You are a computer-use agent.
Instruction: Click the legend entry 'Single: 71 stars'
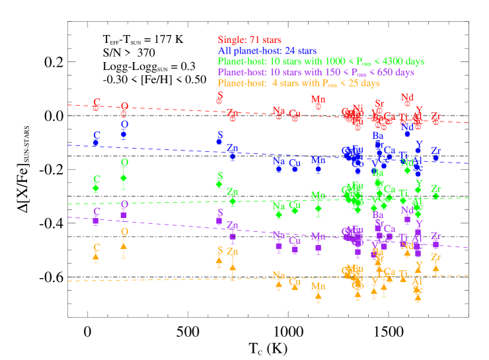click(249, 40)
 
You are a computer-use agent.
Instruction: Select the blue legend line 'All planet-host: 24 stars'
click(267, 50)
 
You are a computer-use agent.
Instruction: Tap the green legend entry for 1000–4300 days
click(320, 61)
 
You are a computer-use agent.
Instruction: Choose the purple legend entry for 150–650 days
click(315, 72)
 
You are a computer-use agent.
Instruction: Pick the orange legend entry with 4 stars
click(299, 83)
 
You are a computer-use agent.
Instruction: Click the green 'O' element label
click(124, 162)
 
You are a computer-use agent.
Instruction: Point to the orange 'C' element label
click(96, 248)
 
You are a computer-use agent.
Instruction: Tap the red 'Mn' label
click(318, 99)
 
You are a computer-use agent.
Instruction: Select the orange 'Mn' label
click(318, 286)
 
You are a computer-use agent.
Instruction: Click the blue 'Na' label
click(279, 161)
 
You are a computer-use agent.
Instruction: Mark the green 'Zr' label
click(435, 189)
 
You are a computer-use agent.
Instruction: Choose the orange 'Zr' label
click(435, 257)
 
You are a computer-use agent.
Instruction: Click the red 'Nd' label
click(407, 97)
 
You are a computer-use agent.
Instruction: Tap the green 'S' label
click(220, 176)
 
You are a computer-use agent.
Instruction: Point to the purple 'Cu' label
click(295, 240)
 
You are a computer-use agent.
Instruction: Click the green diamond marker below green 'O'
click(124, 177)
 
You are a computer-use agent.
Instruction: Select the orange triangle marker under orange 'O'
click(124, 246)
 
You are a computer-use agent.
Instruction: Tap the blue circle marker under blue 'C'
click(96, 143)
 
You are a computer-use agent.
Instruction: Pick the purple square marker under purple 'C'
click(96, 221)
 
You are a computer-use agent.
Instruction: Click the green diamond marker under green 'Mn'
click(318, 208)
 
